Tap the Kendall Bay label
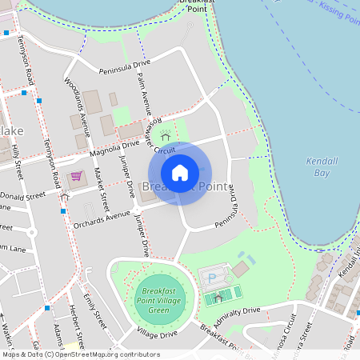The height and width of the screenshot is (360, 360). coord(322,166)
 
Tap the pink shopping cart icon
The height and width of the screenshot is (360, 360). coord(76,176)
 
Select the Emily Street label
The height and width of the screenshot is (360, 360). coord(94,313)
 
